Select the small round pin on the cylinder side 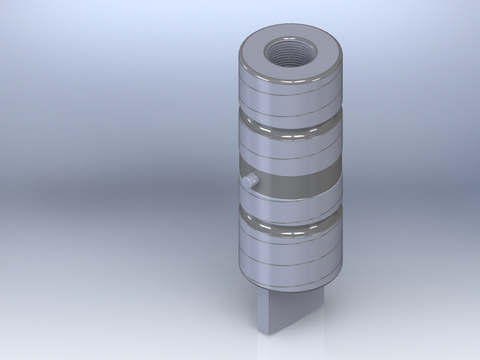[250, 181]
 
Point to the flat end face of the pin [248, 182]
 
